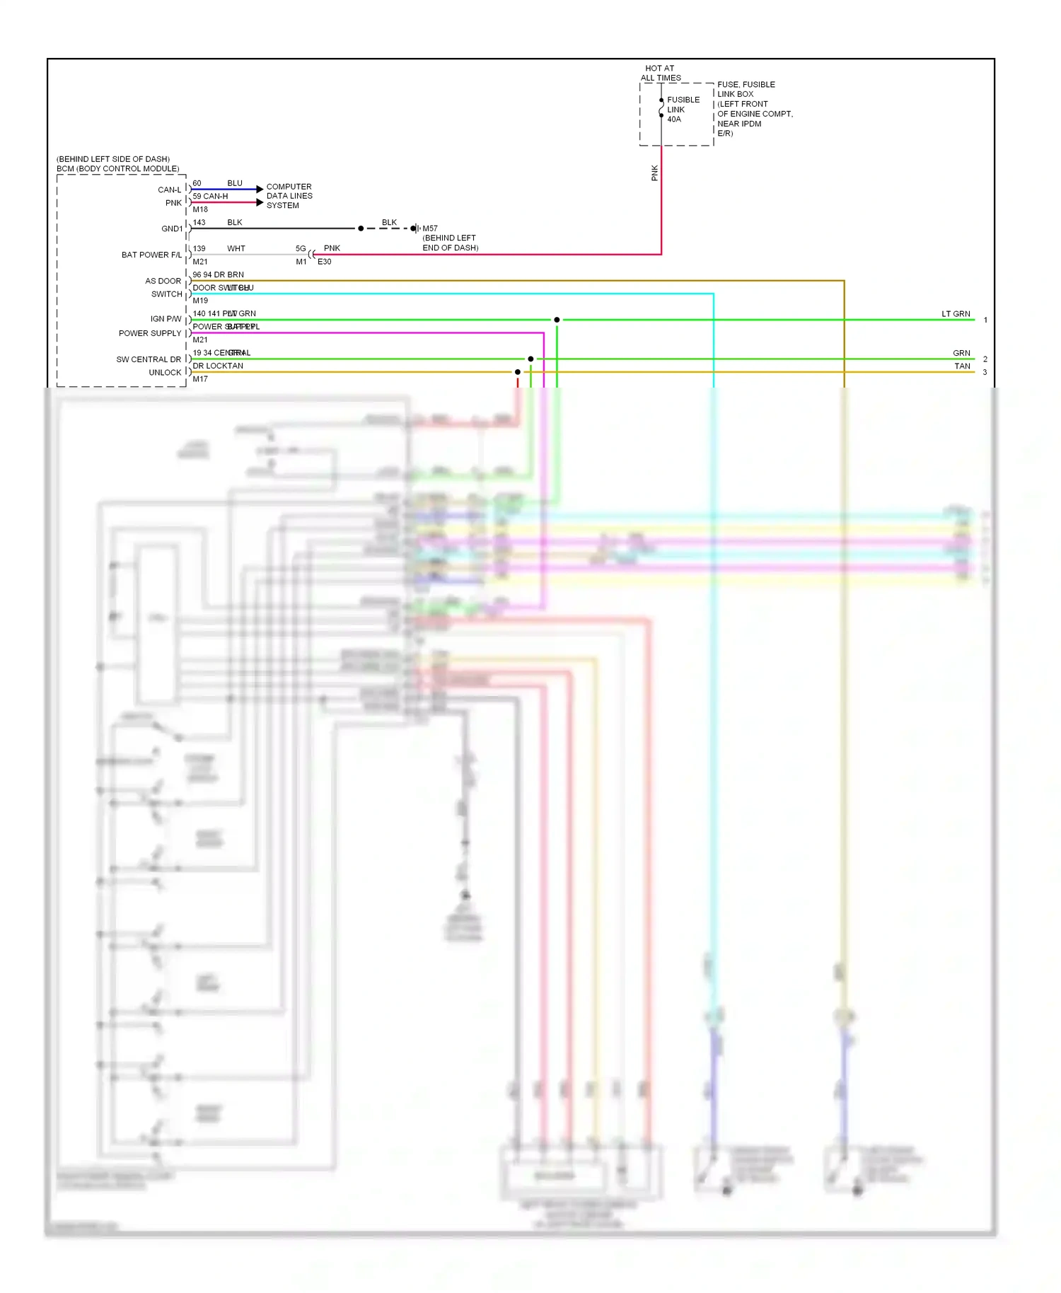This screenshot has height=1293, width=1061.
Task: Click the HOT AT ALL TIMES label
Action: [660, 74]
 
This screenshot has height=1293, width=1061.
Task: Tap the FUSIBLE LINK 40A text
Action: [683, 110]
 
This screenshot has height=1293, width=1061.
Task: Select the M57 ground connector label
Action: [430, 228]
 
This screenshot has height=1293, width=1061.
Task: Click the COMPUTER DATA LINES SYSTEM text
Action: [289, 196]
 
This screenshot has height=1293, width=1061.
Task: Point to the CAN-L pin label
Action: [169, 190]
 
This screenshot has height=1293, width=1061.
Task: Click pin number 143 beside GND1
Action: [199, 222]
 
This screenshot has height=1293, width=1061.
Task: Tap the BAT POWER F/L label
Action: [151, 255]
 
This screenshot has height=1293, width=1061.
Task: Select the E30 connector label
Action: [324, 262]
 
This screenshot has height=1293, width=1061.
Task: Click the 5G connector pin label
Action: [301, 249]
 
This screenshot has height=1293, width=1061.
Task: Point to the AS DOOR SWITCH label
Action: [163, 287]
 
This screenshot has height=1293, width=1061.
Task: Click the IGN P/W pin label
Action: [166, 319]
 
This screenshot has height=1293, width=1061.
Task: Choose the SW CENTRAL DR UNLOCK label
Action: [149, 366]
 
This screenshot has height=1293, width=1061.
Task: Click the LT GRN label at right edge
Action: [956, 314]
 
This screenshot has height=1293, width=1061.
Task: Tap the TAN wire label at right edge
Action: [962, 366]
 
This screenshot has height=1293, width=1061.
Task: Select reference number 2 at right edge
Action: [985, 359]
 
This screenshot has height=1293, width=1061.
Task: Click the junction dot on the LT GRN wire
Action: [557, 320]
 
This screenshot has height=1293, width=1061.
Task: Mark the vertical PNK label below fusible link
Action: [654, 173]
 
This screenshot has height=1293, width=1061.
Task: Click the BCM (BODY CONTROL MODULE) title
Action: [118, 169]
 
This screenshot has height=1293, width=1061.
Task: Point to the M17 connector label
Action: [200, 379]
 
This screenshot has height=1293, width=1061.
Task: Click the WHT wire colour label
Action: [236, 249]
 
